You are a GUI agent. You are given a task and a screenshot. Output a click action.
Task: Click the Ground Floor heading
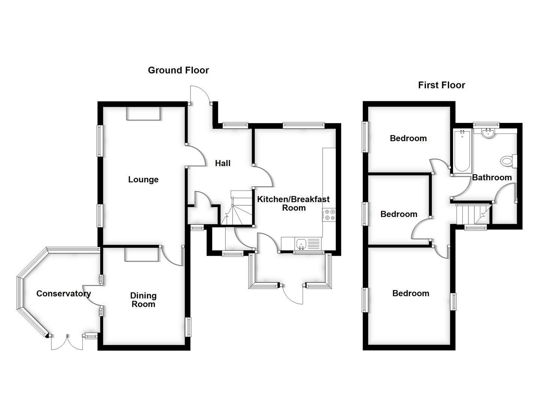[178, 70]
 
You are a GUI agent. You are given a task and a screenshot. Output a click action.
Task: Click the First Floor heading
[441, 85]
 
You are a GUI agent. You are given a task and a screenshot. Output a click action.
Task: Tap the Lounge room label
[143, 180]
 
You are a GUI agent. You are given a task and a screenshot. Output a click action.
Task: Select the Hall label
[223, 163]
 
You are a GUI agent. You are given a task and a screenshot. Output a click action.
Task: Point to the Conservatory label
[63, 294]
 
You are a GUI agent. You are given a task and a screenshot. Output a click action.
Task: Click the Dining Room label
[143, 300]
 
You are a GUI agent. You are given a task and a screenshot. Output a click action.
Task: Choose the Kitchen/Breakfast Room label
[293, 203]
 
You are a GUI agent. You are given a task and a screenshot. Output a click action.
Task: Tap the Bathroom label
[492, 177]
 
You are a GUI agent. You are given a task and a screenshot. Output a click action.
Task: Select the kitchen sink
[301, 244]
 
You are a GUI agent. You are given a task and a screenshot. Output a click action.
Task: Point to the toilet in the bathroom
[507, 161]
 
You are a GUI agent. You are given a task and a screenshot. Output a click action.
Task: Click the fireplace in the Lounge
[144, 114]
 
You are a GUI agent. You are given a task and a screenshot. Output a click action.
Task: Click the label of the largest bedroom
[411, 293]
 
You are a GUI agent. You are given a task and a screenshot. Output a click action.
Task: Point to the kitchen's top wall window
[303, 126]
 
